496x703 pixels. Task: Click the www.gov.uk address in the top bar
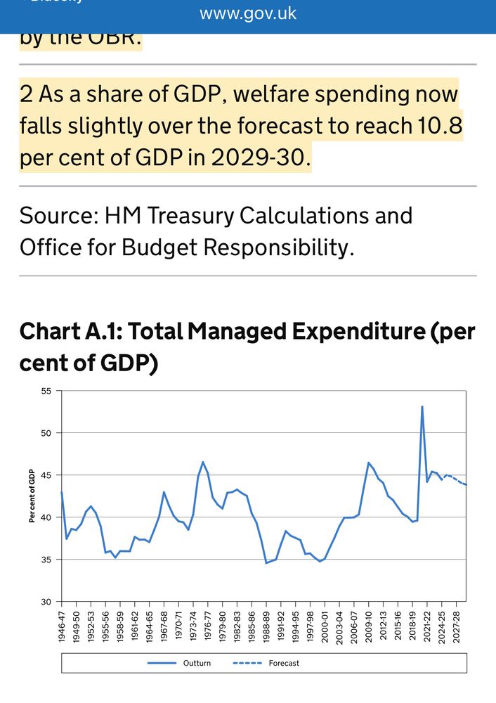[248, 13]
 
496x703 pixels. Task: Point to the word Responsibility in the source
[269, 247]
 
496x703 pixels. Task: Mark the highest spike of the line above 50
[422, 406]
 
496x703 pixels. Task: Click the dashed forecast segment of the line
[455, 480]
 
